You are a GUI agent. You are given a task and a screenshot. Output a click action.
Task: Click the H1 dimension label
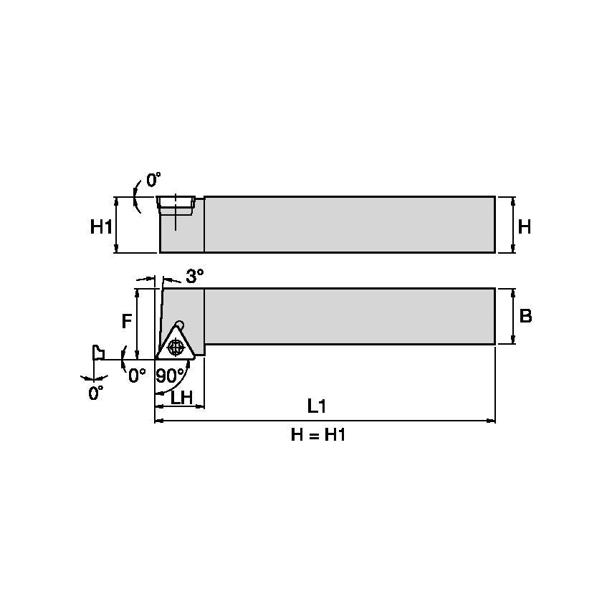(101, 227)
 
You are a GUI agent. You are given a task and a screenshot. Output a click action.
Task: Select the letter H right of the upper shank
(525, 227)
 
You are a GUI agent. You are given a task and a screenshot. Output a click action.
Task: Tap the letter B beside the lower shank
(525, 316)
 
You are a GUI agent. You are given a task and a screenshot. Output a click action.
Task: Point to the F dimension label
(126, 321)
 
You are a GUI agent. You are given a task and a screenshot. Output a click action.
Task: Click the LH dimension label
(182, 398)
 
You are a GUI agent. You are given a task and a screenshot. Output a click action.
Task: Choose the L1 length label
(316, 406)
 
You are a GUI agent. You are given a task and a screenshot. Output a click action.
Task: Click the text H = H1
(317, 435)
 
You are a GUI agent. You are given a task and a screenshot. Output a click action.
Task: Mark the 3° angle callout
(195, 276)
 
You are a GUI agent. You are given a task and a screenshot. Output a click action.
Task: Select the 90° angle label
(170, 376)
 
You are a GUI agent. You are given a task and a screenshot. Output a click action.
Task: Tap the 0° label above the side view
(154, 180)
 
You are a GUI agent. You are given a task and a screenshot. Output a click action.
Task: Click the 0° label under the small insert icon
(96, 393)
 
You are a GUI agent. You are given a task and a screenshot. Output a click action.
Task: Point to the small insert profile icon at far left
(97, 352)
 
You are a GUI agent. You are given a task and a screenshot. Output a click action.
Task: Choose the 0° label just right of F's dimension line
(136, 373)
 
